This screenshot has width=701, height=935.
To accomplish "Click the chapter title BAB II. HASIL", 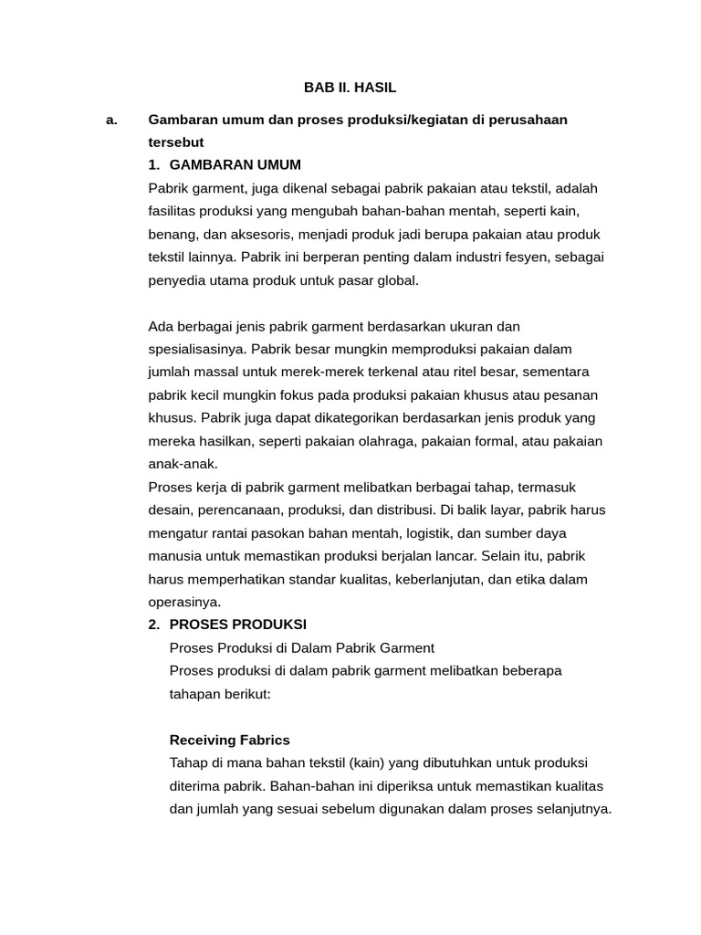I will point(350,88).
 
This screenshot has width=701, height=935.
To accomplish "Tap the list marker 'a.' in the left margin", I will point(112,120).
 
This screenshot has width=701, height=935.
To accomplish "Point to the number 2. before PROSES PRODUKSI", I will point(154,625).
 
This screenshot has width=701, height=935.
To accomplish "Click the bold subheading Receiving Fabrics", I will point(230,740).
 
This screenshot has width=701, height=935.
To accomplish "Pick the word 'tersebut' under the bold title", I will point(176,142).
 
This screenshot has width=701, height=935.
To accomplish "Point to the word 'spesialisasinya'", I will point(197,349).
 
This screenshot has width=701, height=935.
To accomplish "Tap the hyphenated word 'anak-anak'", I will point(183,464).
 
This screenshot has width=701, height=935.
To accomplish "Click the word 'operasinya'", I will point(183,602).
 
